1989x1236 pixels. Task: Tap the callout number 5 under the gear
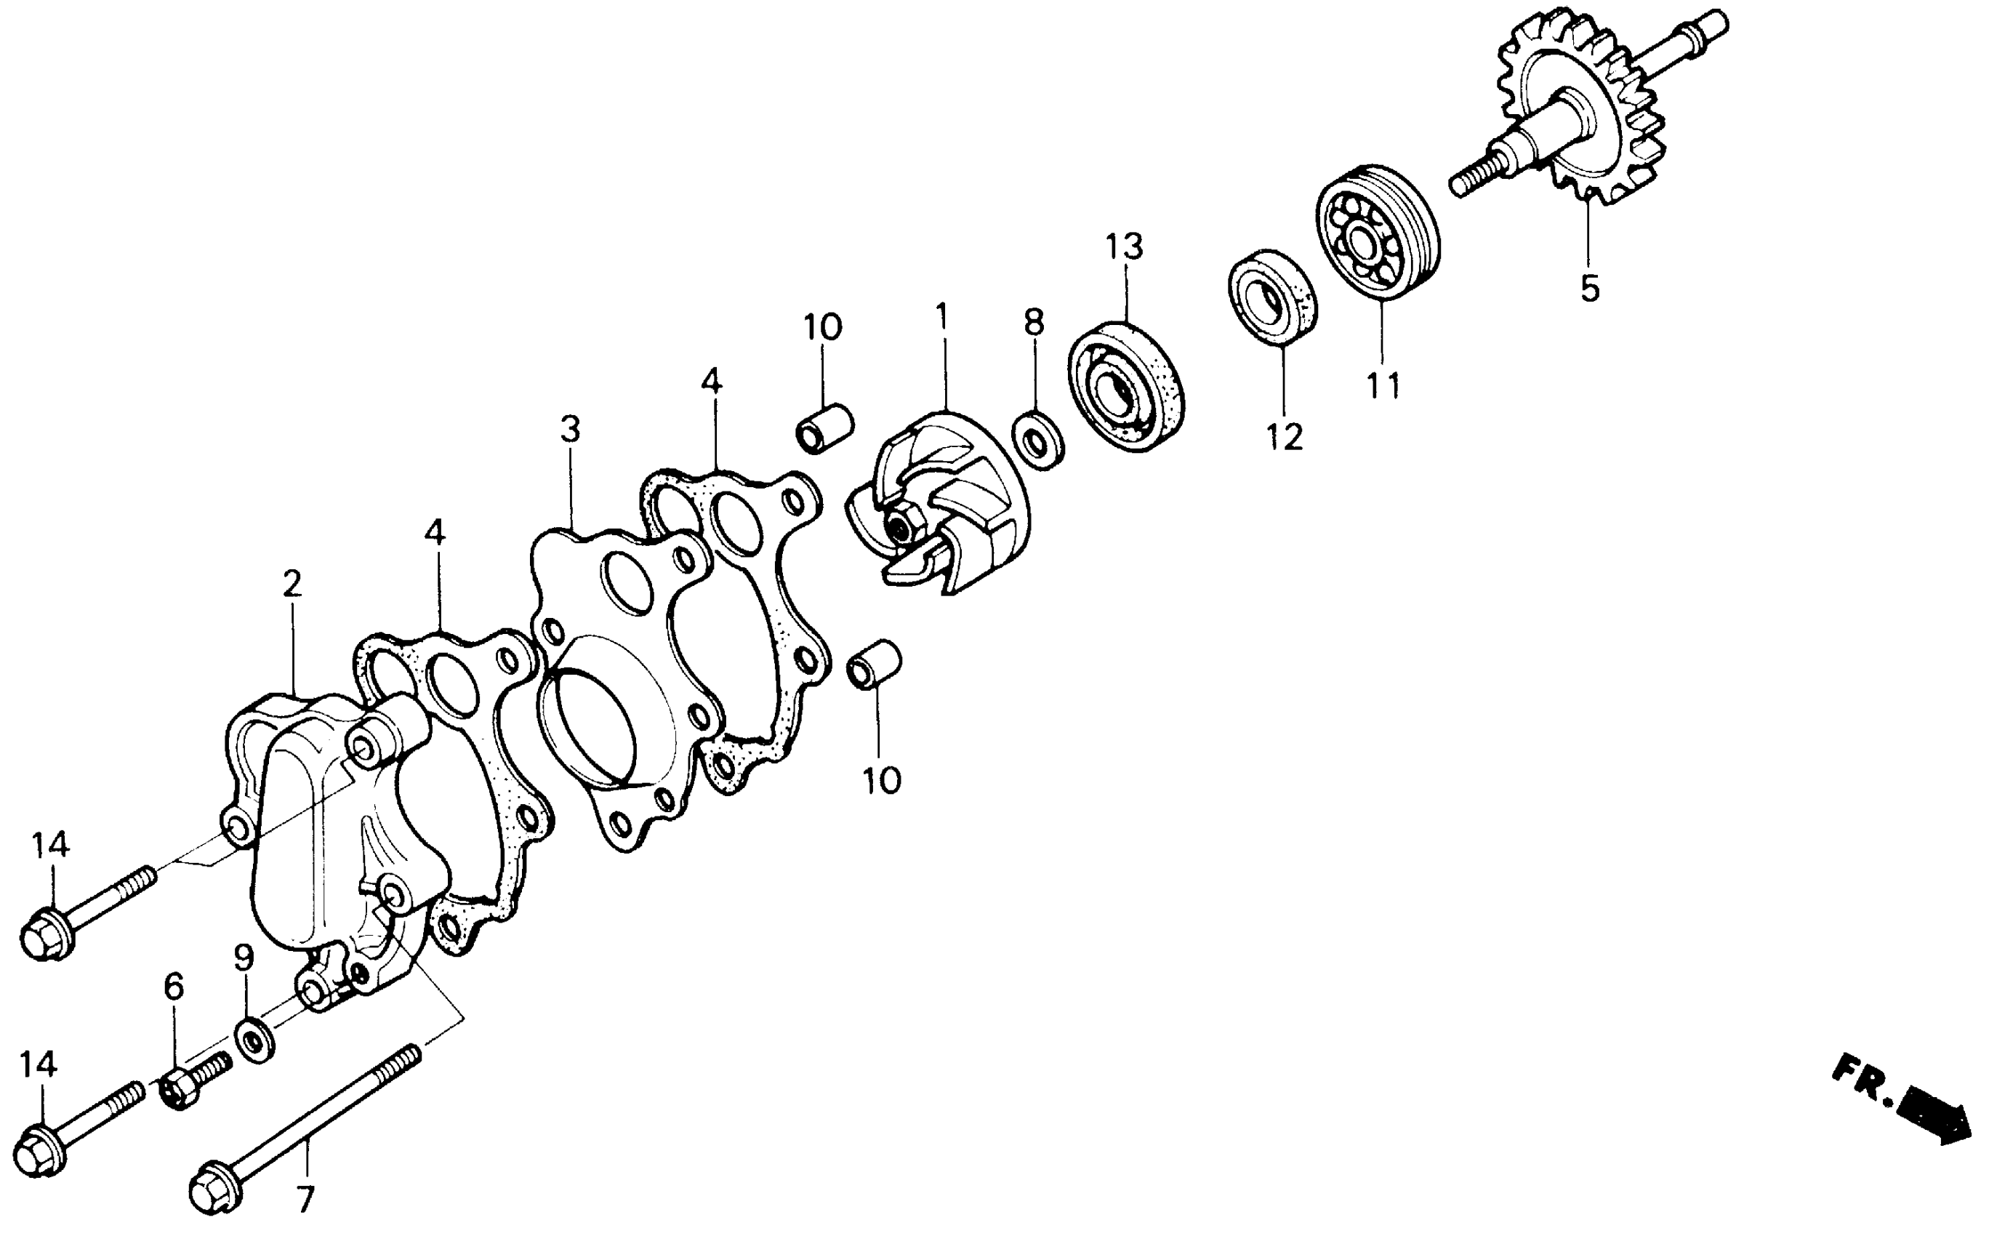1589,289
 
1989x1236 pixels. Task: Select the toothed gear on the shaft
1581,106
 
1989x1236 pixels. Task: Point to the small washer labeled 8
1038,441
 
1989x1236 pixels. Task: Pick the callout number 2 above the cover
292,584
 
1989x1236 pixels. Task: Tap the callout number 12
1285,438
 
